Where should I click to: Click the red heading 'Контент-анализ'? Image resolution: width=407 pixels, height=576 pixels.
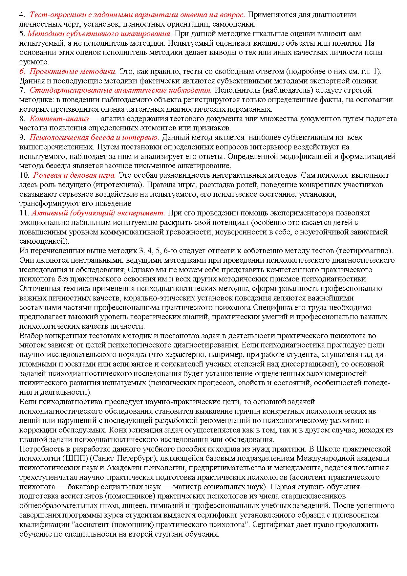coord(59,119)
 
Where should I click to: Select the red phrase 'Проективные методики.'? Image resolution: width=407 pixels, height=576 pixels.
coord(73,71)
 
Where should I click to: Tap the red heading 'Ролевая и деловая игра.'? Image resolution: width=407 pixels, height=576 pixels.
coord(75,175)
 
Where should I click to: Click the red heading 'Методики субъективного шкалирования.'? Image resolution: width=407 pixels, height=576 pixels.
coord(99,33)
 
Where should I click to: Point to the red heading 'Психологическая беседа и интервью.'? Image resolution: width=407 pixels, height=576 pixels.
coord(94,137)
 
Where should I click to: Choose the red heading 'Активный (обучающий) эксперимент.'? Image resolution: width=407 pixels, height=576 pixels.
coord(98,213)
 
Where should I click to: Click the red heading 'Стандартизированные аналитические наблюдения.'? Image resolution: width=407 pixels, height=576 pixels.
coord(120,90)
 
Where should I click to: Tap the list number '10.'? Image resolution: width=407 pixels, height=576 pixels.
coord(24,175)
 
